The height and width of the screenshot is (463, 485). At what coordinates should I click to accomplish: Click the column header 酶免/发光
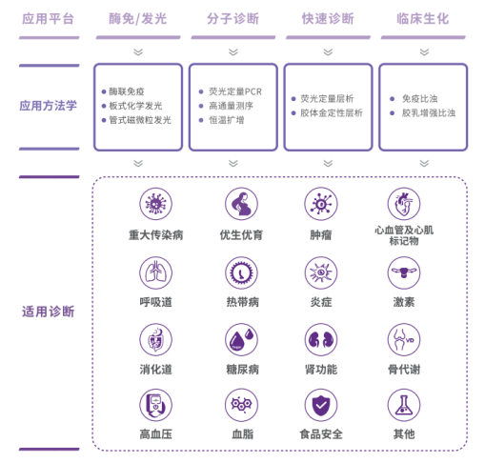(x=137, y=19)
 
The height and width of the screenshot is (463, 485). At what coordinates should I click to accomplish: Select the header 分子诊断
(x=232, y=19)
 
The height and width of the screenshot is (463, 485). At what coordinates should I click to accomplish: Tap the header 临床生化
(x=423, y=19)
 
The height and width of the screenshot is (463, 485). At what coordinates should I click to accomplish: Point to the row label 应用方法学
(x=49, y=106)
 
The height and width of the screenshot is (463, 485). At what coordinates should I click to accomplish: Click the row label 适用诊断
(x=49, y=312)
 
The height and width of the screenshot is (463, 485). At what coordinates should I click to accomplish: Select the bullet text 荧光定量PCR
(x=235, y=91)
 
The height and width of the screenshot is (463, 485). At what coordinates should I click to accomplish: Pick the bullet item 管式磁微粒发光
(x=140, y=120)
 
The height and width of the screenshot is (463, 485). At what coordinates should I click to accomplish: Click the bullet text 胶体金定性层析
(x=332, y=112)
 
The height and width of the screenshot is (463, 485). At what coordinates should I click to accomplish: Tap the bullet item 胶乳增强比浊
(x=429, y=112)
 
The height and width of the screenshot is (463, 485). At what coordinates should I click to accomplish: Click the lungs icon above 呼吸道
(x=155, y=272)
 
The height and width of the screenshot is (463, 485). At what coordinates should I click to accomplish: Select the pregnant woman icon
(x=241, y=204)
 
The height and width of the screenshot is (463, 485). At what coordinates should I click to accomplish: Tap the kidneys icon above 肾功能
(x=321, y=339)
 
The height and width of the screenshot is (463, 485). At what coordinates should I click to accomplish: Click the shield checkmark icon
(x=321, y=405)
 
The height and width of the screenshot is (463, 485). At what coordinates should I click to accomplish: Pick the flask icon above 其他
(x=404, y=405)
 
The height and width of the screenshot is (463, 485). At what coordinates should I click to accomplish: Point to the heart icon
(x=404, y=204)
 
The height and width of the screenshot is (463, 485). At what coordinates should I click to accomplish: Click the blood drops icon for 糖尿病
(x=241, y=339)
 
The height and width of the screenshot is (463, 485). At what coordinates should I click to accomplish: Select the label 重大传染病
(x=155, y=235)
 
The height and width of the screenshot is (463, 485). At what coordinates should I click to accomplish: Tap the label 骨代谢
(x=404, y=370)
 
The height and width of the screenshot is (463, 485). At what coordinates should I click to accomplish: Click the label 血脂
(x=243, y=433)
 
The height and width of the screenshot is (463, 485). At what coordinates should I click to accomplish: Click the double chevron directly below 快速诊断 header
(x=328, y=52)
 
